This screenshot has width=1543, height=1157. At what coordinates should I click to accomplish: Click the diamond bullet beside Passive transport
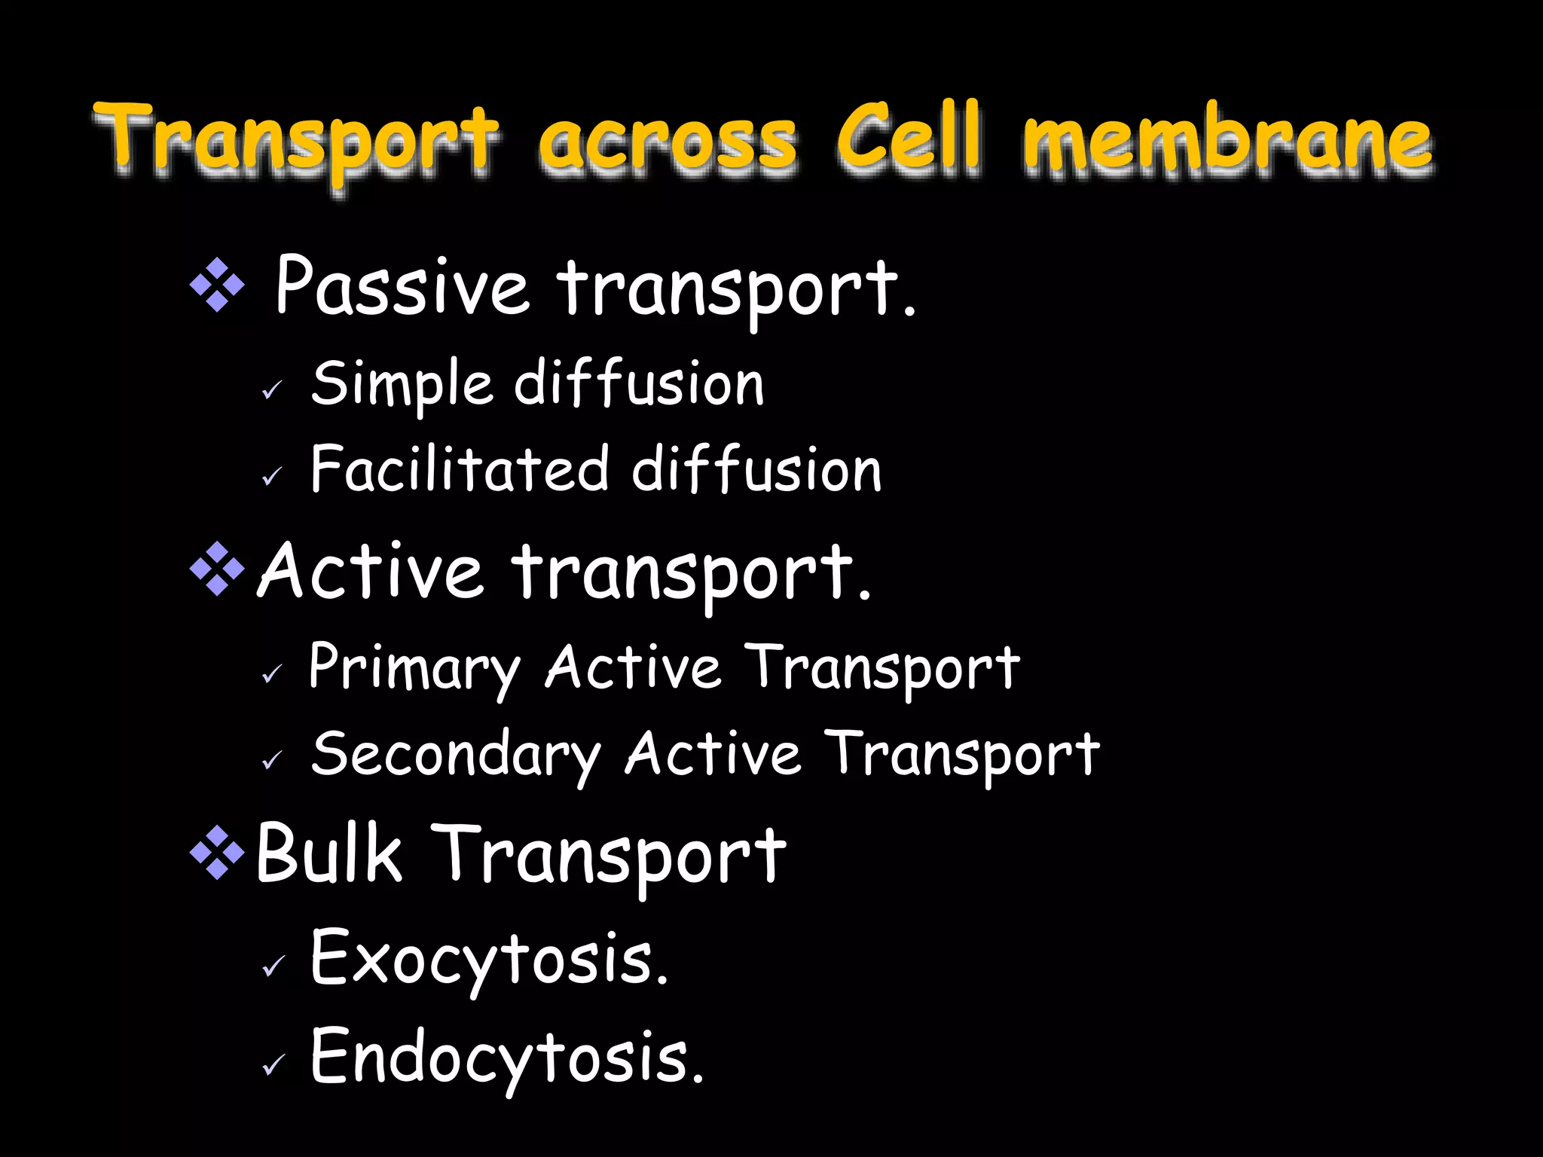tap(217, 285)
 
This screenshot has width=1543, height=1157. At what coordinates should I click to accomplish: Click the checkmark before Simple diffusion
tap(272, 389)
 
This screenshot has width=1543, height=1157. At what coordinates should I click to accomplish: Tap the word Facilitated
tap(460, 469)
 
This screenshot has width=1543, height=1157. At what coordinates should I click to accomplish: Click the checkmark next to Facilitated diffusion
tap(272, 476)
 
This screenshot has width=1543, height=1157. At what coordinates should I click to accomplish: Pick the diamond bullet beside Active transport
tap(217, 569)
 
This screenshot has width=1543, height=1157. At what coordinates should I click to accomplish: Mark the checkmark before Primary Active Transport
tap(272, 673)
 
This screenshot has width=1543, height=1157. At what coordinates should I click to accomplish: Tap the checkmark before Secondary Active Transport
tap(272, 760)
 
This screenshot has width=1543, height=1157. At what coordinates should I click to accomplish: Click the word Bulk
tap(328, 853)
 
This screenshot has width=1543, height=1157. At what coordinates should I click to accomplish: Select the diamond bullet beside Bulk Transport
tap(217, 853)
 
